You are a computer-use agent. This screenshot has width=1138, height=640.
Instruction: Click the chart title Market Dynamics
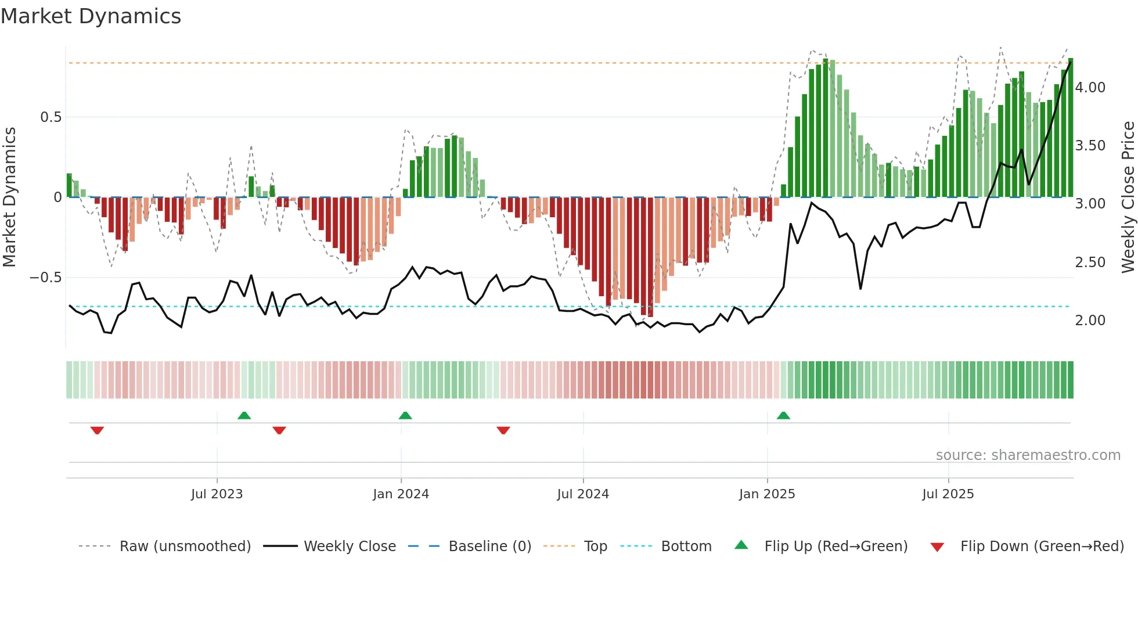(91, 16)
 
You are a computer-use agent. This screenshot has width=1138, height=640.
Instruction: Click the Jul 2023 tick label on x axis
(217, 494)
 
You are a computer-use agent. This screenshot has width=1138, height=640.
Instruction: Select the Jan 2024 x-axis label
(401, 494)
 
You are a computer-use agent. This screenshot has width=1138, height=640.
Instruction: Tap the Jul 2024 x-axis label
(583, 494)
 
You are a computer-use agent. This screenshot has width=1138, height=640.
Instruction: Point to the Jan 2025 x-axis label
(767, 494)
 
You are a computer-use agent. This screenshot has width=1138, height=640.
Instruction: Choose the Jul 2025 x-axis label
(948, 494)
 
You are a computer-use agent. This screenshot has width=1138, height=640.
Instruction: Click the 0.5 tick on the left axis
(51, 117)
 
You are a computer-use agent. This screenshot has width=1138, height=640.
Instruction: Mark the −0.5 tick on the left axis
(45, 278)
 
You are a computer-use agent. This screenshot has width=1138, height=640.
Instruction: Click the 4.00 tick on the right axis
(1090, 88)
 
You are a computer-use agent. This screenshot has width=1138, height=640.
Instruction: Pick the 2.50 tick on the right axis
(1090, 263)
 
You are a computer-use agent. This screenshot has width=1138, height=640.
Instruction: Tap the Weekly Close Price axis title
(1128, 197)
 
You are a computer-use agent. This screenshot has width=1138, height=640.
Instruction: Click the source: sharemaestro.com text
(1028, 455)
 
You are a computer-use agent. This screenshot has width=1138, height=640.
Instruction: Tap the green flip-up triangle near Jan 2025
(783, 415)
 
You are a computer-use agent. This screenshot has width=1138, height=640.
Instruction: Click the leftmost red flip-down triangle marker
(97, 430)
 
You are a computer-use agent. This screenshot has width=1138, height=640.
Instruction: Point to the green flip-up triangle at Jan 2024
(405, 415)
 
